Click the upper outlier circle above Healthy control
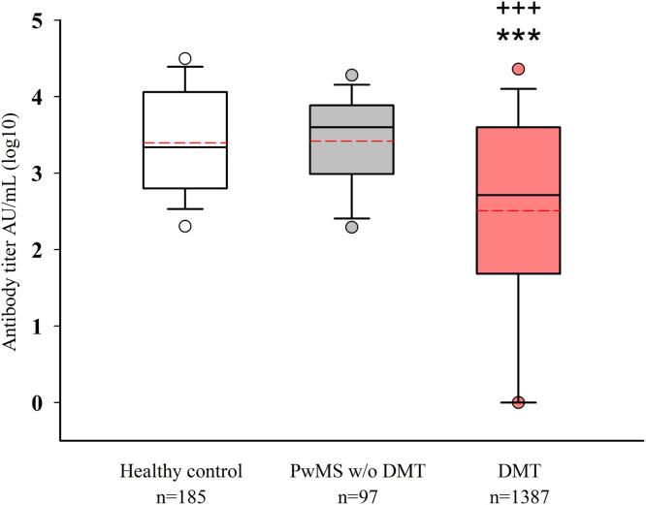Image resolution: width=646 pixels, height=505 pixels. coord(184,58)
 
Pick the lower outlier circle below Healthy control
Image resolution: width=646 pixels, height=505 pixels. coord(184,226)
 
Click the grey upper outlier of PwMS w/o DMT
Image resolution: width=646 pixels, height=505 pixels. coord(351,75)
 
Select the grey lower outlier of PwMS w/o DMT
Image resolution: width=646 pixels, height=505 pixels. coord(351,227)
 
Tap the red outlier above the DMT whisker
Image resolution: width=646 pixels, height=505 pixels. coord(518,69)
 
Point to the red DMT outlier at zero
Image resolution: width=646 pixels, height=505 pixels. coord(518,402)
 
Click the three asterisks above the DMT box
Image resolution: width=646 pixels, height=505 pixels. coord(518,38)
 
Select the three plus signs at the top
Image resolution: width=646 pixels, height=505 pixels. coord(518,10)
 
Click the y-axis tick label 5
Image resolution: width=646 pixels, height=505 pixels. coord(37,20)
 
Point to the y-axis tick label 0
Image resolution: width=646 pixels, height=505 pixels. coord(37,402)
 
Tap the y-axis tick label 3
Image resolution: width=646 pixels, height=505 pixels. coord(37,174)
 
